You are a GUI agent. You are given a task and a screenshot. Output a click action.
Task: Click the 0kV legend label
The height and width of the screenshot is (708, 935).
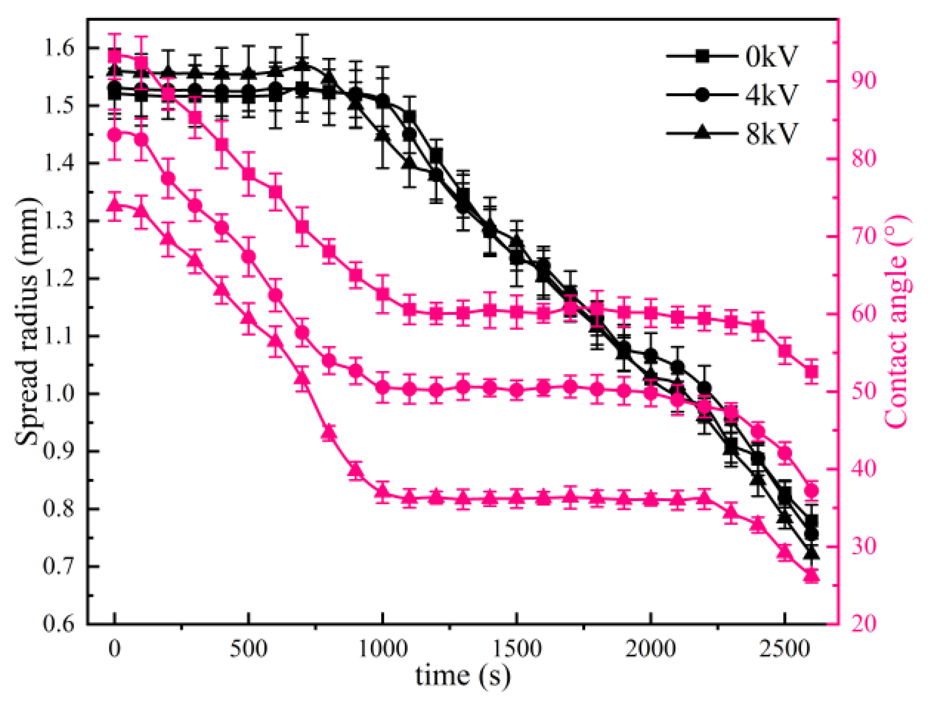click(x=771, y=56)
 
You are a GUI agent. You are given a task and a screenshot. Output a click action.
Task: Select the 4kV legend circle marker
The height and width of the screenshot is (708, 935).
click(x=702, y=94)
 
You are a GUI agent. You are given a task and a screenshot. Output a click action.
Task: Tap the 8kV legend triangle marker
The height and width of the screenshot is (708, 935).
click(x=702, y=132)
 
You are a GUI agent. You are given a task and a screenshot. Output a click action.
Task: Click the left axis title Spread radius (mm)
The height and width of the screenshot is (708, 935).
click(x=27, y=321)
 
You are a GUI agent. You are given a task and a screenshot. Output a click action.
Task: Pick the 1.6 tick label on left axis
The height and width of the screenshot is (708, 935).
click(x=59, y=48)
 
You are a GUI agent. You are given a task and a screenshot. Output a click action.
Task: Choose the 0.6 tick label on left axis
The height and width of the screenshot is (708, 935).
click(x=59, y=624)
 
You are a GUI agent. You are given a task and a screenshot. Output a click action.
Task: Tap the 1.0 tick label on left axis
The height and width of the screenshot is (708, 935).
click(x=59, y=394)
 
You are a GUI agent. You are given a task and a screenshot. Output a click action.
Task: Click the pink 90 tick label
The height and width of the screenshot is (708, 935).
click(x=863, y=81)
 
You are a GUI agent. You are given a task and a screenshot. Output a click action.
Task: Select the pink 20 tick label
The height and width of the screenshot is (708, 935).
click(x=863, y=624)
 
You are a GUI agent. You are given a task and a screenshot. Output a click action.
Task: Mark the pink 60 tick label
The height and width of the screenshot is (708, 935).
click(x=863, y=314)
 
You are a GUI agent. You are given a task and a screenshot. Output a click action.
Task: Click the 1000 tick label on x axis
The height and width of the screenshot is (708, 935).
click(x=382, y=649)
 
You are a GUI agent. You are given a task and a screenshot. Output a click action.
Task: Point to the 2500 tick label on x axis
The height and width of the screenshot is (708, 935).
click(x=784, y=649)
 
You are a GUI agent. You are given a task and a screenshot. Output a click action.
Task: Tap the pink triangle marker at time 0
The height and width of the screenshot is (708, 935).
click(x=114, y=205)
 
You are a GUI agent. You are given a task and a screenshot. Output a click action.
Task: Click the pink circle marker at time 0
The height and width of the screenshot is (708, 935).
click(x=114, y=135)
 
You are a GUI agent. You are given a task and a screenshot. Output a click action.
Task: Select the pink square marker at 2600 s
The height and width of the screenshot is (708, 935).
click(x=811, y=372)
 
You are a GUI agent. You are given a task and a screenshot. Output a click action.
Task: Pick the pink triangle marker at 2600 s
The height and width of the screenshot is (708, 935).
click(x=811, y=576)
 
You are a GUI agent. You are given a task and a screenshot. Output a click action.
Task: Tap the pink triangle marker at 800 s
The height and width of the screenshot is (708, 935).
click(x=329, y=433)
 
